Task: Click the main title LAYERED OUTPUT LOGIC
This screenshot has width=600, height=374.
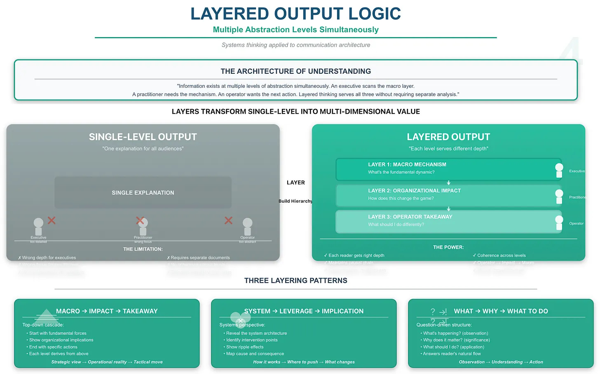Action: pos(295,14)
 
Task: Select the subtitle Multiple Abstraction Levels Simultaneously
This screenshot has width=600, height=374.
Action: pos(295,30)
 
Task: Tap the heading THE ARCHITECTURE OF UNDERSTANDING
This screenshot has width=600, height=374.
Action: pos(295,71)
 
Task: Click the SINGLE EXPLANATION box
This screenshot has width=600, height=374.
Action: pos(143,193)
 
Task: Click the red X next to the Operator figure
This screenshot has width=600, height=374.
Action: pos(228,221)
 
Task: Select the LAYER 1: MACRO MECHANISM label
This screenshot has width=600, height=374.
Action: pos(407,165)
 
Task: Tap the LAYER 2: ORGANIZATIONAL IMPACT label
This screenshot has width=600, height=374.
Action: pos(414,191)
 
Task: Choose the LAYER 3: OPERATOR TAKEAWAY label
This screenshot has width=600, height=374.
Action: pos(410,216)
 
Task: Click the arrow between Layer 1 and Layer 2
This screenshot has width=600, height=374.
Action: pos(449,183)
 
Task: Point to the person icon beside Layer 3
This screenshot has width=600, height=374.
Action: pos(559,223)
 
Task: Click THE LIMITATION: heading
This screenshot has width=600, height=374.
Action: pos(143,249)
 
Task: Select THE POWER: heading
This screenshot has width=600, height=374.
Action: pos(448,247)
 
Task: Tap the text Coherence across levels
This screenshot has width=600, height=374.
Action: pos(501,255)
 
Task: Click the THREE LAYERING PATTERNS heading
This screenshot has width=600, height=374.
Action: pos(295,280)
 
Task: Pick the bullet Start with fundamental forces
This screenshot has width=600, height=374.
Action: pos(58,333)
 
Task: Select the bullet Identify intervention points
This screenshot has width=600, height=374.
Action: pos(252,340)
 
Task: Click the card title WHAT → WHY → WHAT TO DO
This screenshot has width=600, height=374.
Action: pos(501,311)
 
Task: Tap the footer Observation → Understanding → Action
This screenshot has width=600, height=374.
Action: pos(501,362)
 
